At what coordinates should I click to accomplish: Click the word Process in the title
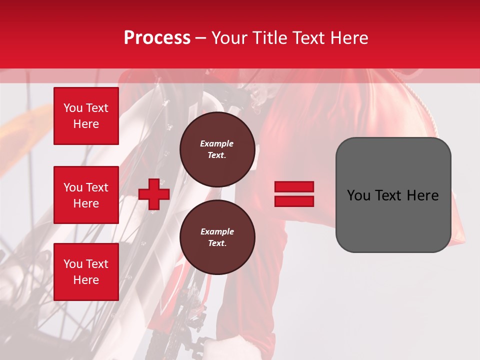[157, 38]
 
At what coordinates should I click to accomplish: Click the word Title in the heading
[267, 38]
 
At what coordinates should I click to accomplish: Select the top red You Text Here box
[86, 116]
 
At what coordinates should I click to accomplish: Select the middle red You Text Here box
[86, 195]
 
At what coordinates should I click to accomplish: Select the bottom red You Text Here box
[86, 271]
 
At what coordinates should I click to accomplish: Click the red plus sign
[154, 194]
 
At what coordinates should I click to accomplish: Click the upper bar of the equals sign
[294, 186]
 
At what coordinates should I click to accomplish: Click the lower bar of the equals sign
[294, 201]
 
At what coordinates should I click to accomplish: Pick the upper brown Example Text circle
[217, 149]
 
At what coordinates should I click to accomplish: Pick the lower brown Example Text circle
[217, 237]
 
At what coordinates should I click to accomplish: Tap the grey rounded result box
[393, 220]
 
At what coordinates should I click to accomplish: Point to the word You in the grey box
[358, 195]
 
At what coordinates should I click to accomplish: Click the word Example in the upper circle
[217, 143]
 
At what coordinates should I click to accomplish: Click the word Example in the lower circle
[217, 231]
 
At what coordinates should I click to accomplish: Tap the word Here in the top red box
[86, 124]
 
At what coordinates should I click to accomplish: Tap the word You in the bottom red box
[73, 264]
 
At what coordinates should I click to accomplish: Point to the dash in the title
[201, 38]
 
